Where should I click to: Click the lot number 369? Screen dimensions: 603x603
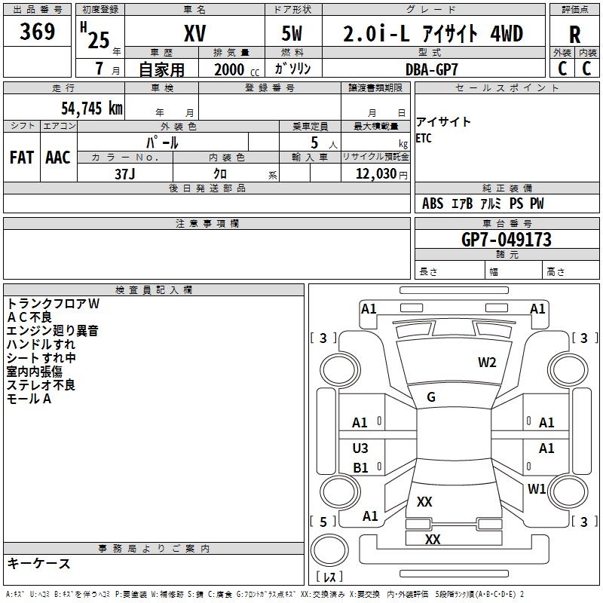38,32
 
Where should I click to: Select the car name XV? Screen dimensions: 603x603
194,34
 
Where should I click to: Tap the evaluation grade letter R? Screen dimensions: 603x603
574,35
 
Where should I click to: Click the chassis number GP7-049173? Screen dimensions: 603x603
506,240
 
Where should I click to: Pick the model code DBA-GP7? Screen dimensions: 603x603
431,68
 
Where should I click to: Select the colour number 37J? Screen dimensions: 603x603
125,173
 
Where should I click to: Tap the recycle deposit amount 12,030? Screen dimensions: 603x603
376,173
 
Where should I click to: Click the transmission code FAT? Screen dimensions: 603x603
22,158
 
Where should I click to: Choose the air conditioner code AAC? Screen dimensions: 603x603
58,158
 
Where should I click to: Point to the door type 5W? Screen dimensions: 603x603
292,34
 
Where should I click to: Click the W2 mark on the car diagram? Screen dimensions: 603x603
487,363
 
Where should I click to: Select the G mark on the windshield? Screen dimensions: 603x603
431,396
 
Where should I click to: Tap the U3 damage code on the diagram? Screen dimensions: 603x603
360,448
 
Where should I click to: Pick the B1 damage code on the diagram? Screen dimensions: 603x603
360,468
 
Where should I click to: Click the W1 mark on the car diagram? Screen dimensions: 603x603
537,489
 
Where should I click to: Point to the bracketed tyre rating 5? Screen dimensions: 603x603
323,522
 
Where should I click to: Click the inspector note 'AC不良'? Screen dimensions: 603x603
29,317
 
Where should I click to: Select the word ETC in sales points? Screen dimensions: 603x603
424,139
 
